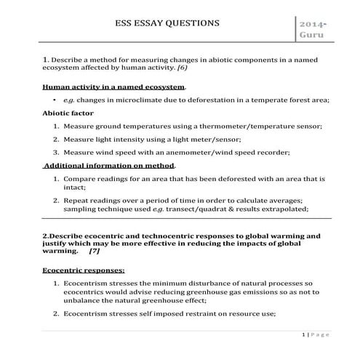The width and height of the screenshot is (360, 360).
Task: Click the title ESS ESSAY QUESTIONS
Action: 167,23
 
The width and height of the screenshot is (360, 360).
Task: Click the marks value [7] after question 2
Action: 94,252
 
